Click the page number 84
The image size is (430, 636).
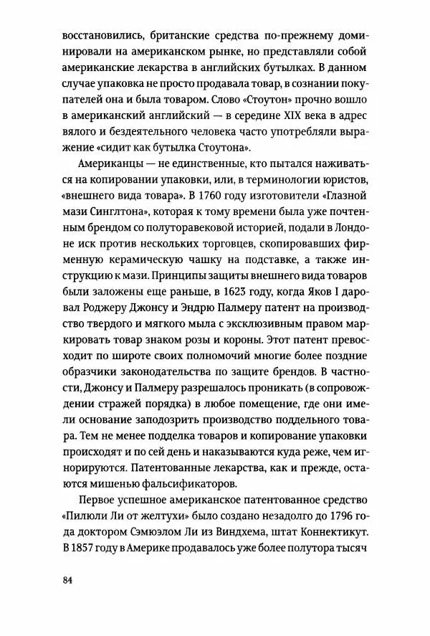(68, 580)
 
